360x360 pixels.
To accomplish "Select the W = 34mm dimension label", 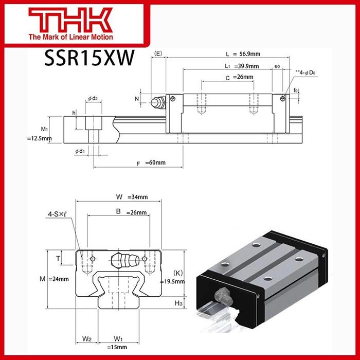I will pyautogui.click(x=125, y=196).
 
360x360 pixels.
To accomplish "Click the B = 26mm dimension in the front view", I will pyautogui.click(x=124, y=212).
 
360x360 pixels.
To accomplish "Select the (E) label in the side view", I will pyautogui.click(x=158, y=53).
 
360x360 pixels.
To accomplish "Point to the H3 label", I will pyautogui.click(x=178, y=303).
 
